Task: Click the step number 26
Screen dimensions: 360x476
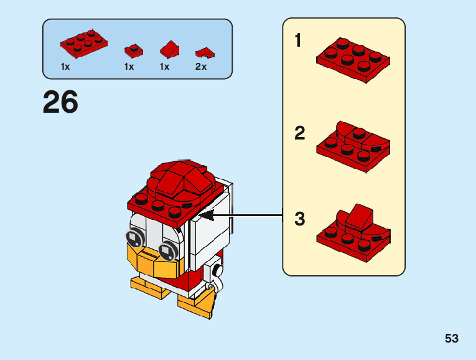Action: click(x=60, y=103)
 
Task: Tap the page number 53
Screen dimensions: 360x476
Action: click(x=452, y=338)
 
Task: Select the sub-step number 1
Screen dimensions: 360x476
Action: click(x=298, y=41)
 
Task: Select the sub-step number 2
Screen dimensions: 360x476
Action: click(x=300, y=133)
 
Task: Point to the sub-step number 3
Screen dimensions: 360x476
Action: click(x=300, y=219)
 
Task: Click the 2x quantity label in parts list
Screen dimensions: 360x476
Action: click(x=201, y=67)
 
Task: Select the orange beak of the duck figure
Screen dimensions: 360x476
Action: click(x=152, y=262)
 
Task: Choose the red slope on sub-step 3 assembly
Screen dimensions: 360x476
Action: click(x=358, y=216)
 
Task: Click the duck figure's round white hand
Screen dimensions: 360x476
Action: click(x=217, y=271)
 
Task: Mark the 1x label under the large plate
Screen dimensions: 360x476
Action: click(x=66, y=67)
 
